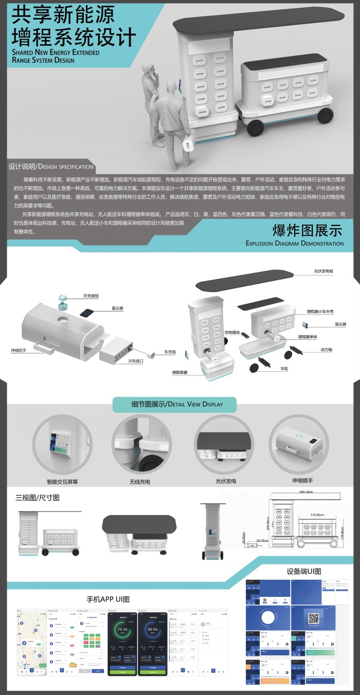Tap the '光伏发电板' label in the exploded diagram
(324, 271)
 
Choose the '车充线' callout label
(170, 352)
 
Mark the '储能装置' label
(179, 372)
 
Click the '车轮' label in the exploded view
(284, 369)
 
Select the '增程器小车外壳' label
(320, 312)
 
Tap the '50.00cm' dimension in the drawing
(263, 540)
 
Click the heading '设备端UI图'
(304, 571)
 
